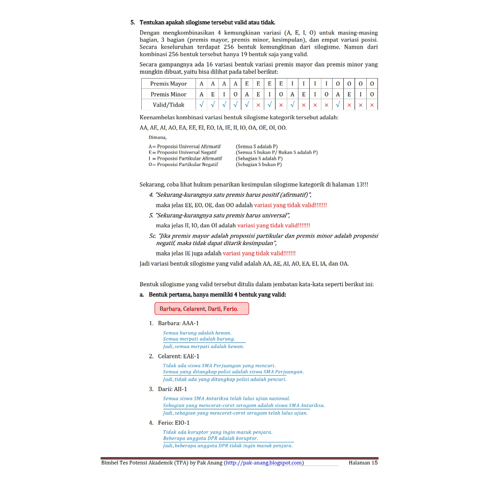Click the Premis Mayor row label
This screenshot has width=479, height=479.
coord(168,84)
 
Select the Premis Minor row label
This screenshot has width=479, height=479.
coord(168,94)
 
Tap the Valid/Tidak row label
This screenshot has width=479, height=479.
coord(168,105)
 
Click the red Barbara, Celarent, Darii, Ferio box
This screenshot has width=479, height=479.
coord(202,309)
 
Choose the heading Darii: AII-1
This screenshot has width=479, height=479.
coord(173,389)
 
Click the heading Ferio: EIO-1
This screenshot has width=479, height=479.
coord(174,422)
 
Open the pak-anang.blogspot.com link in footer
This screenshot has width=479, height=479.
coord(264,463)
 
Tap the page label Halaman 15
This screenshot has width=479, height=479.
coord(363,463)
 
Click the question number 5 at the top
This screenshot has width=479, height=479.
coord(132,22)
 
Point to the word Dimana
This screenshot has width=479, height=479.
coord(158,138)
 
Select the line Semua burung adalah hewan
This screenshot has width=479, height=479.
coord(197,333)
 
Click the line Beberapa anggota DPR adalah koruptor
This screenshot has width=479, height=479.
coord(210,438)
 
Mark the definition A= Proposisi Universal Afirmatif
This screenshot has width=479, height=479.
coord(184,146)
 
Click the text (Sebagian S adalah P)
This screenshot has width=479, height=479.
coord(259,159)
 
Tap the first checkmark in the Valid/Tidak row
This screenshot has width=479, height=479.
coord(201,105)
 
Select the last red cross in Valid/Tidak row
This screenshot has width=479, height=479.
coord(372,105)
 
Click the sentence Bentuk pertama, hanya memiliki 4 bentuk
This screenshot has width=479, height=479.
coord(217,295)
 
